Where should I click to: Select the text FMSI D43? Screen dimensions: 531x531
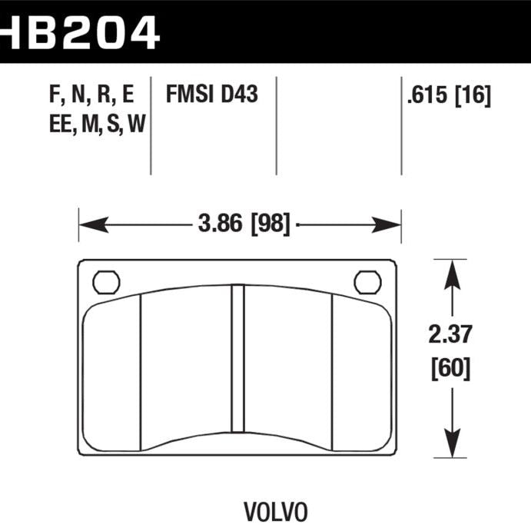[211, 95]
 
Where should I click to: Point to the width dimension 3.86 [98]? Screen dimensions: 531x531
[240, 225]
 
